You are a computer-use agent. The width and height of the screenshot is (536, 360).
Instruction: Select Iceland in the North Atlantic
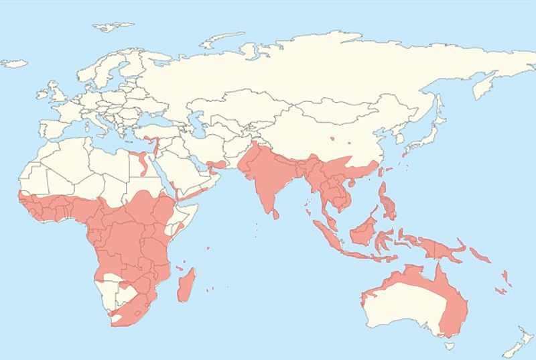click(x=14, y=63)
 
